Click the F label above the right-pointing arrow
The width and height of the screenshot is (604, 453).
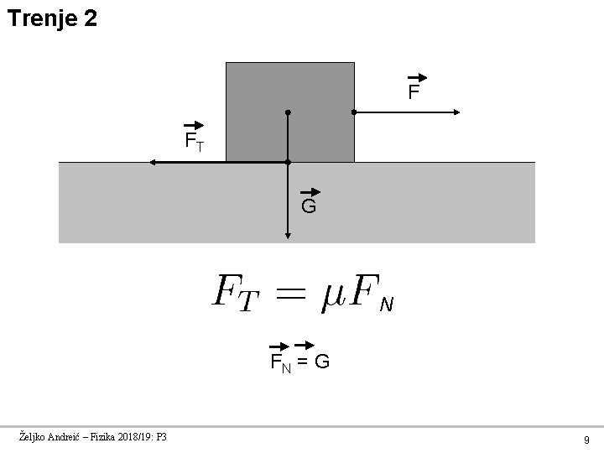click(413, 91)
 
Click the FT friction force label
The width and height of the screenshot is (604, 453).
click(194, 139)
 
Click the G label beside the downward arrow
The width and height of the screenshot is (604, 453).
click(308, 206)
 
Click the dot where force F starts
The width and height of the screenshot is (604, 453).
click(354, 112)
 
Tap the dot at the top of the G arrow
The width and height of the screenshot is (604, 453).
click(287, 112)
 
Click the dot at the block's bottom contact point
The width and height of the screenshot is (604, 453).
click(287, 162)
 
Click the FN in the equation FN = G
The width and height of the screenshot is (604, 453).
click(279, 362)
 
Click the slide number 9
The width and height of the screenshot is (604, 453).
click(586, 439)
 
